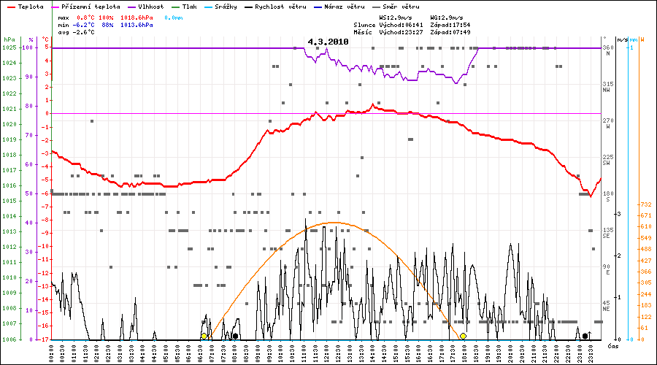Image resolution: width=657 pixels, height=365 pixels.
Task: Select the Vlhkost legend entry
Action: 149,6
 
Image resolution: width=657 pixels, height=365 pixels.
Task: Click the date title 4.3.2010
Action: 328,42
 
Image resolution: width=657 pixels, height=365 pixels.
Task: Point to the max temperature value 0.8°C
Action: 86,16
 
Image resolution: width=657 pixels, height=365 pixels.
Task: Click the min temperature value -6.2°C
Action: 86,25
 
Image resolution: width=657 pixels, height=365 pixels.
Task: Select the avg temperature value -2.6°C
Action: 86,33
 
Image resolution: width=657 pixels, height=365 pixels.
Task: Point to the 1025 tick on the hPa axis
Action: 9,47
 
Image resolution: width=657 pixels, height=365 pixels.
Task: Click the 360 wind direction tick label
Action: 607,47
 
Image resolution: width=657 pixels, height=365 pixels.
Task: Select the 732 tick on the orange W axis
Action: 645,205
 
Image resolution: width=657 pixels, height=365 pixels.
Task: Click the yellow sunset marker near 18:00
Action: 463,336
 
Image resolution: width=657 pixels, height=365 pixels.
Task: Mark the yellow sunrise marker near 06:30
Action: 204,336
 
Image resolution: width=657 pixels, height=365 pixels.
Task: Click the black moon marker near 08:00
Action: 235,336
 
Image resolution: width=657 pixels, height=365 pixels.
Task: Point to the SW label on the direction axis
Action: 606,163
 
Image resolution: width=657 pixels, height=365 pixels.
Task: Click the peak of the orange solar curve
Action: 333,222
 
